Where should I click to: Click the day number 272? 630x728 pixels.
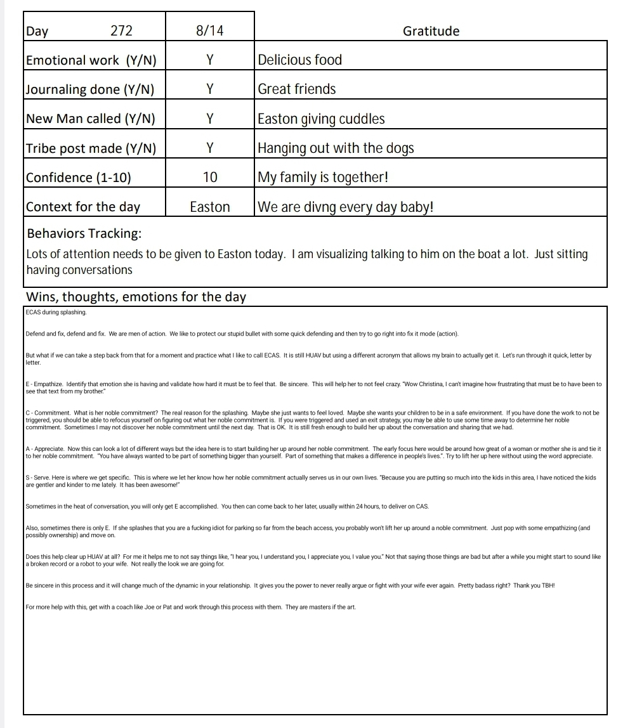click(x=121, y=31)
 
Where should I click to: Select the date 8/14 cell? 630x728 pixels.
click(x=209, y=31)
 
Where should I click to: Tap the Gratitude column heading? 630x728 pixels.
click(x=431, y=31)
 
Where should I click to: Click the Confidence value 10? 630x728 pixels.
click(x=209, y=178)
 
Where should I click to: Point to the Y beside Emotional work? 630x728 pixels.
click(x=209, y=60)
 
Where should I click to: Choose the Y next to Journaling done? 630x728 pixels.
click(x=209, y=89)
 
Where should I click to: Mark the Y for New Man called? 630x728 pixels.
click(x=209, y=119)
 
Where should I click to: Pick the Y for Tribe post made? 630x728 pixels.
click(x=209, y=148)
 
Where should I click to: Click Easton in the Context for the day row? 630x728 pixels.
click(x=210, y=207)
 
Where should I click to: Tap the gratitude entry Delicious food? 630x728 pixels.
click(x=300, y=60)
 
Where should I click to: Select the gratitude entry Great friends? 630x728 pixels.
click(x=297, y=89)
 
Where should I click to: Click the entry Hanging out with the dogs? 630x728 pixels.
click(x=336, y=148)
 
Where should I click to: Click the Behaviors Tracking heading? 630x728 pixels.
click(x=84, y=233)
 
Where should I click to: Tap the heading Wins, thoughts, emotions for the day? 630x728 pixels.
click(x=136, y=297)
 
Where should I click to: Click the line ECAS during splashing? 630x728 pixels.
click(x=56, y=312)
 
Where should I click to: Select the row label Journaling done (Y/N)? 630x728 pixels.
click(x=90, y=89)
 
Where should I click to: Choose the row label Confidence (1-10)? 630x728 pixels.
click(x=79, y=178)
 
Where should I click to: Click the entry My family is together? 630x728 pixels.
click(x=322, y=178)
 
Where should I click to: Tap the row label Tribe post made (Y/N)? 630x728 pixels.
click(x=91, y=148)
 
